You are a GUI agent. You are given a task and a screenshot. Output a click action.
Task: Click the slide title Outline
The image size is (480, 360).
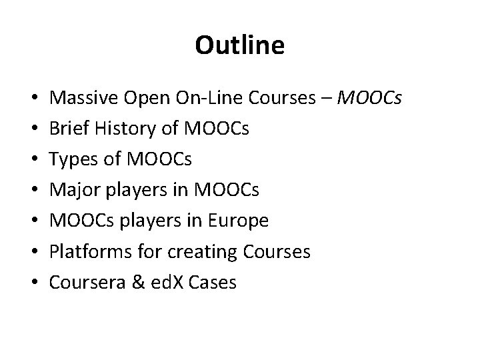(240, 45)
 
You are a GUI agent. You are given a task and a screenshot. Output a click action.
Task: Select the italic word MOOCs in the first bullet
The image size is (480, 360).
(370, 99)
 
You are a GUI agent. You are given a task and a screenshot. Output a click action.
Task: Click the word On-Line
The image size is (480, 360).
(211, 99)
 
